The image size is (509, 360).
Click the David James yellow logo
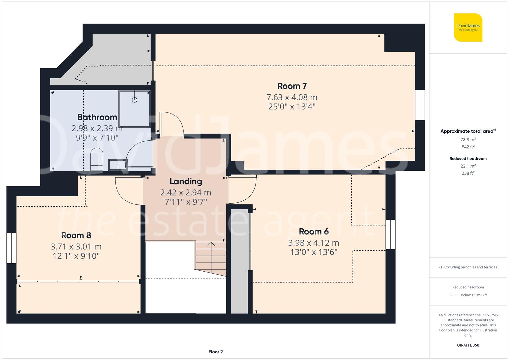(x=468, y=28)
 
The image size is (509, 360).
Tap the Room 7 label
(x=292, y=86)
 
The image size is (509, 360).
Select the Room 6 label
(x=314, y=231)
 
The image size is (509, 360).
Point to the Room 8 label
(x=76, y=235)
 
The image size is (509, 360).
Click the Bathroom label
(x=97, y=117)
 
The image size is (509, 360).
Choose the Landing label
(x=186, y=181)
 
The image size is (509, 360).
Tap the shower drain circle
(x=135, y=100)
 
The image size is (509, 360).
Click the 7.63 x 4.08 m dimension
(x=292, y=97)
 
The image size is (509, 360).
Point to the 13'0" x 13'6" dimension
(x=314, y=252)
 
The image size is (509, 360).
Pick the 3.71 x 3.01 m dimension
(x=76, y=247)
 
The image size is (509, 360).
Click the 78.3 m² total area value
(x=468, y=140)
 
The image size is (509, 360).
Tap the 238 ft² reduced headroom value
(x=468, y=173)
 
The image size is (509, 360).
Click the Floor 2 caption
(x=215, y=352)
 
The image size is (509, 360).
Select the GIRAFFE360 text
(x=468, y=345)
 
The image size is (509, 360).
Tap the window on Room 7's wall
(x=420, y=105)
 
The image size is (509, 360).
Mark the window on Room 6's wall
(x=390, y=234)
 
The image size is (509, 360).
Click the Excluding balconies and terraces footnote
(x=468, y=267)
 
